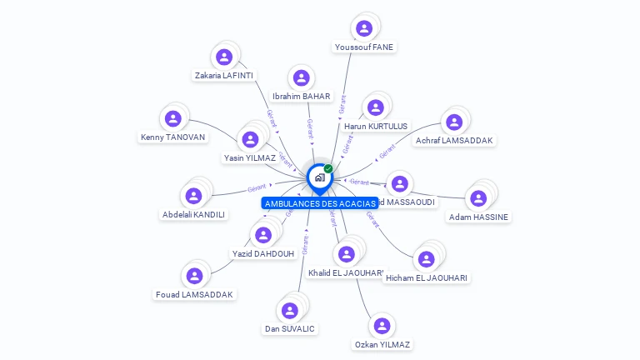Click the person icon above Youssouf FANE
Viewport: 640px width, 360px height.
pos(364,28)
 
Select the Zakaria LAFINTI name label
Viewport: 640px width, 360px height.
pos(224,75)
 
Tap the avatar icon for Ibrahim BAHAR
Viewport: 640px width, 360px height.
pos(301,78)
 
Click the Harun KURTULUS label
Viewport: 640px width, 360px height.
pos(376,126)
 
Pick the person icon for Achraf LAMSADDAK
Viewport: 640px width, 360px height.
pos(454,122)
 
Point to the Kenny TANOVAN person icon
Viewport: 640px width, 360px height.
pos(172,119)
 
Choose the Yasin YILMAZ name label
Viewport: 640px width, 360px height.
pos(250,157)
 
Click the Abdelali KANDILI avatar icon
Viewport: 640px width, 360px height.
pos(194,196)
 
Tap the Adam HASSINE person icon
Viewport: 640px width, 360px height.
pos(478,198)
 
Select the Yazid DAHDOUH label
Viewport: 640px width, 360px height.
pos(262,253)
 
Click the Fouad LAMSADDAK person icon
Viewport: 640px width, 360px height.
pos(194,276)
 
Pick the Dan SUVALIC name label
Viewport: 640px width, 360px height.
pos(290,328)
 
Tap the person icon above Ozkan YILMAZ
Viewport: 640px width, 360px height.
pos(382,326)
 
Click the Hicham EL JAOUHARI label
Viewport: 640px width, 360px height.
pos(427,277)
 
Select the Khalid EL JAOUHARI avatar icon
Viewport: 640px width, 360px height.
pos(346,253)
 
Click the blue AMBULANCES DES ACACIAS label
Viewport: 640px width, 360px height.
pos(320,203)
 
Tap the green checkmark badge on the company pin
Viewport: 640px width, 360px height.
pos(328,169)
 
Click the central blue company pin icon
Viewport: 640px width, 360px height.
pos(319,177)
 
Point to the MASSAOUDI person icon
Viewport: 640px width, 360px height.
pos(400,183)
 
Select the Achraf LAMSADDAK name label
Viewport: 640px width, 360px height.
pos(454,141)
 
